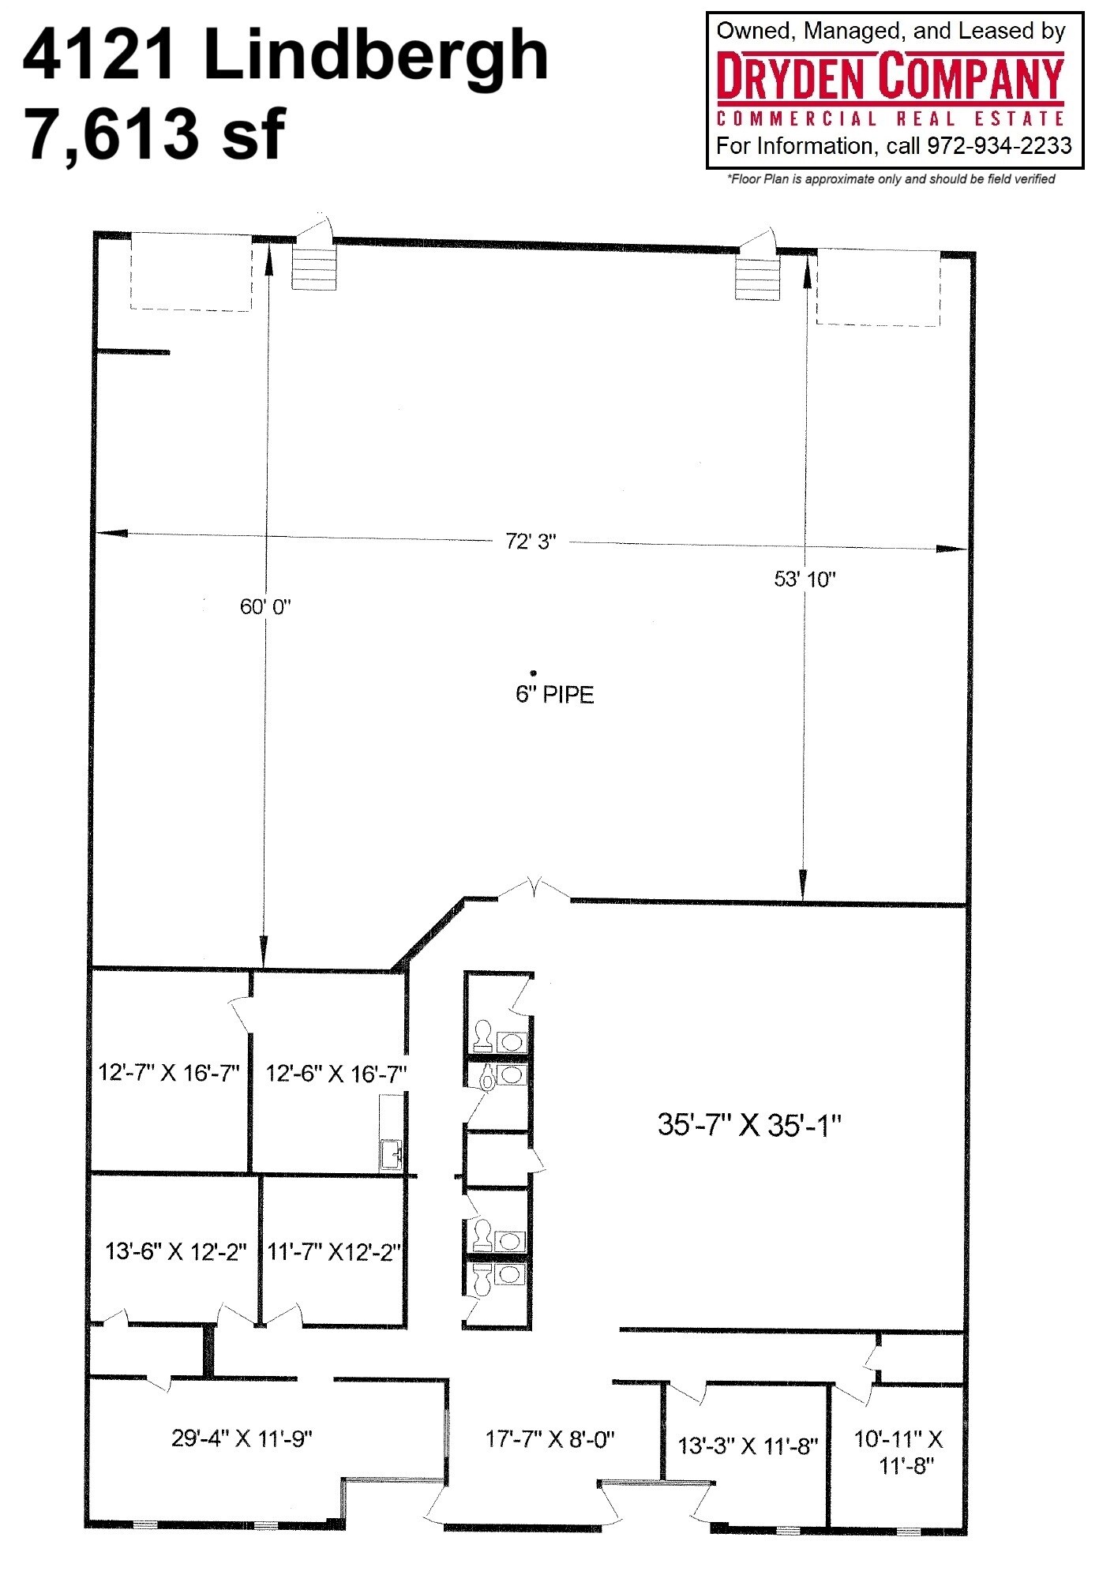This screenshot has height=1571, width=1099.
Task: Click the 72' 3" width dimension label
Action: [531, 542]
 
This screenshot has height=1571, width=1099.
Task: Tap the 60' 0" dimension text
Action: [265, 606]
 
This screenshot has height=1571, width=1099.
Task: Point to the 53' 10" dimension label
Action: [805, 579]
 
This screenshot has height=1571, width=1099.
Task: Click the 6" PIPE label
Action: [554, 695]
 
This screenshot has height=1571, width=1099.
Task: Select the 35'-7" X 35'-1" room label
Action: [749, 1124]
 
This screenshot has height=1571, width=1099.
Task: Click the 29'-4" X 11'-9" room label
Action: [242, 1438]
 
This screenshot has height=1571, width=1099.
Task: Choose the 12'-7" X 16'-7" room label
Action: [168, 1073]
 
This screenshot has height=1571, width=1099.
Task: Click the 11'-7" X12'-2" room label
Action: [335, 1252]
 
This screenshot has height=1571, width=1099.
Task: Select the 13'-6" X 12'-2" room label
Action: [176, 1252]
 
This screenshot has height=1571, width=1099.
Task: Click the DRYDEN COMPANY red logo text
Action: [890, 77]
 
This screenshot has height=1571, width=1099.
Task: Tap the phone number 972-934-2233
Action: [999, 146]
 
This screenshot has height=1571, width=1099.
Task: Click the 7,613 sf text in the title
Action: [155, 134]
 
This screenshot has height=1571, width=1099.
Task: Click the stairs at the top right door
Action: [757, 276]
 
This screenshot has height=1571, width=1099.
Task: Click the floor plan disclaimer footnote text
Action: [890, 179]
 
